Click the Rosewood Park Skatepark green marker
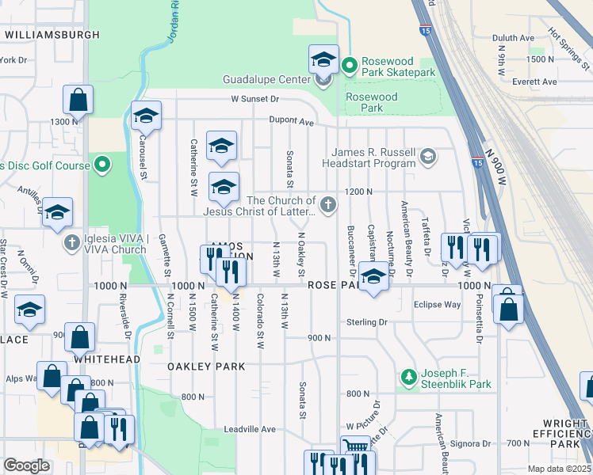point(350,66)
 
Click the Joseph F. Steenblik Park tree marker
point(409,377)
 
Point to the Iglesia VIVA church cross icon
point(72,242)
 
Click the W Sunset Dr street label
point(255,99)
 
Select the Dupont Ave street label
point(290,123)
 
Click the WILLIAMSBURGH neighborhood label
point(52,35)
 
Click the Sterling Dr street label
point(365,322)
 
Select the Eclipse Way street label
point(436,304)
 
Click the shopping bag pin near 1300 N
point(78,101)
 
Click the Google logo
point(27,465)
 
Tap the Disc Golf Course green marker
point(101,165)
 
